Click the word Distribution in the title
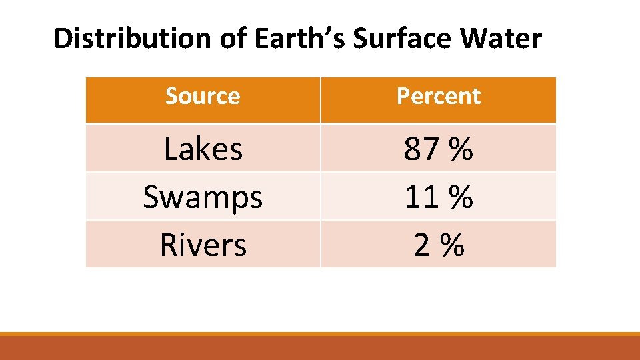134,39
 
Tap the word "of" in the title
234,39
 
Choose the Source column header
203,97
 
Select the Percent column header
438,97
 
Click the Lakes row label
203,149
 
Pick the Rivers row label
203,245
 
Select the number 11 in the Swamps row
421,197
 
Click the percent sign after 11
461,197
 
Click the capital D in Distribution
62,39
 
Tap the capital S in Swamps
151,197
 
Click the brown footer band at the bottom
320,348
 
